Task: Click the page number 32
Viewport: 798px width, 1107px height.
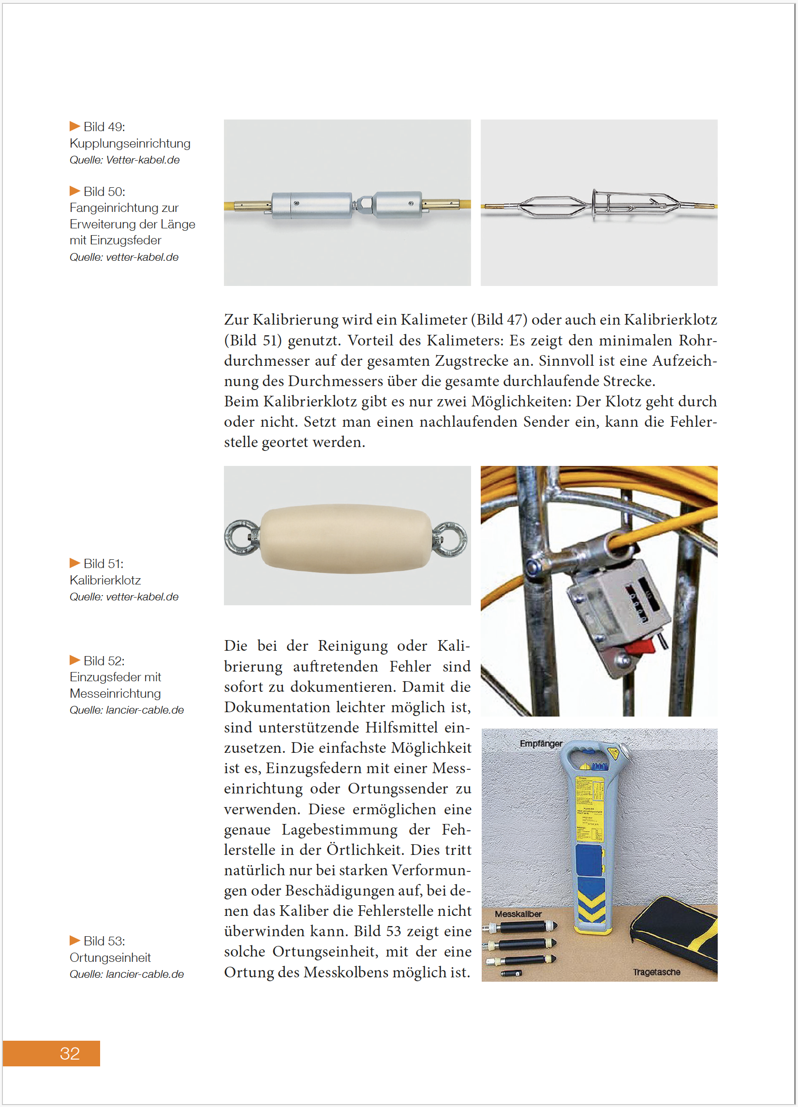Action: point(69,1053)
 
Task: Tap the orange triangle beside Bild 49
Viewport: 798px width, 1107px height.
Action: point(74,126)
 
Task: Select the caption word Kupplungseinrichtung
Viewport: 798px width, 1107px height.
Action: point(130,144)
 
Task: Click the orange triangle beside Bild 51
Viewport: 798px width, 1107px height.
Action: point(74,563)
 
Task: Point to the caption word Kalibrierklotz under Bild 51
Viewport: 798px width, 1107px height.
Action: point(105,580)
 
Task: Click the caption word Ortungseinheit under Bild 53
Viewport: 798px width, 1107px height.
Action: point(110,957)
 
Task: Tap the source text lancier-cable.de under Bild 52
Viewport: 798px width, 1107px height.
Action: point(145,710)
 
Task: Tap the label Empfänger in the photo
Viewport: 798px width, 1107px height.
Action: point(540,744)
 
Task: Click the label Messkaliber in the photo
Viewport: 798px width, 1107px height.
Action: point(518,914)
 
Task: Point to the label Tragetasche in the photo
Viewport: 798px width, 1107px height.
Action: point(656,972)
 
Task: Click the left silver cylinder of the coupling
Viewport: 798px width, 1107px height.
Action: point(311,205)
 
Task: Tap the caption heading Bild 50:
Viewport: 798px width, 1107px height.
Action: point(104,192)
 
